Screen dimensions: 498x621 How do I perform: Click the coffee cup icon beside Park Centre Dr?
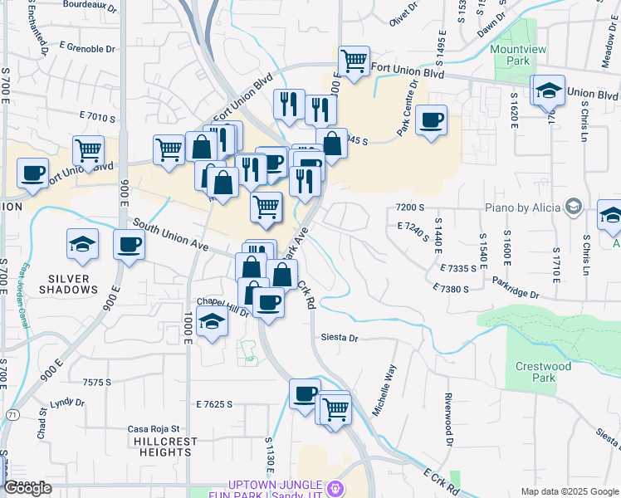(431, 120)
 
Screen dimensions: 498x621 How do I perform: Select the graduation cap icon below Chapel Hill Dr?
(212, 322)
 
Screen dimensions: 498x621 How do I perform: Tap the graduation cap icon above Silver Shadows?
(83, 243)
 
